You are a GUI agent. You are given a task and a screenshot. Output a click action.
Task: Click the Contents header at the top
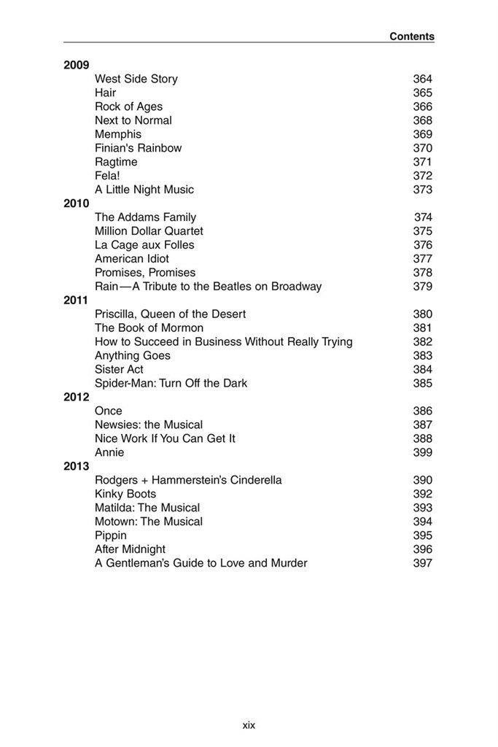411,36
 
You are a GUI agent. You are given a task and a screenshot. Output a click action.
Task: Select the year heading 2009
76,65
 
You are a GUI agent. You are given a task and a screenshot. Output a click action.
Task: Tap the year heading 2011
76,300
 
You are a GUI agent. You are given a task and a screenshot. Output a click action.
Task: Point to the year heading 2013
76,466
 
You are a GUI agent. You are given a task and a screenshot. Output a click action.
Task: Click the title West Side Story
136,79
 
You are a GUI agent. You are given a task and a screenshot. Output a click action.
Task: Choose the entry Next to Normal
133,120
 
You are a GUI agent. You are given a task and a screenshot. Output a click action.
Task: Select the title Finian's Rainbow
138,148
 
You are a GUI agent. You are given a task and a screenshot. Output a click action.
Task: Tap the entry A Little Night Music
144,190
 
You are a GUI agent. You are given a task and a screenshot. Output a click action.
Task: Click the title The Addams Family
145,217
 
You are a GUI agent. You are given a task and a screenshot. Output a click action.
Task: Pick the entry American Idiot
132,259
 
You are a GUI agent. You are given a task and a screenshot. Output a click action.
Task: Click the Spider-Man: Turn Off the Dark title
171,383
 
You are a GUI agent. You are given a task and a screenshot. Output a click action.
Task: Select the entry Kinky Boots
125,494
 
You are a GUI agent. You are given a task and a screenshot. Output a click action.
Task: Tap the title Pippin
111,535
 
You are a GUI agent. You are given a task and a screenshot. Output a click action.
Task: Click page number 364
422,79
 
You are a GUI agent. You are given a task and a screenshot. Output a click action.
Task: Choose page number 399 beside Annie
422,452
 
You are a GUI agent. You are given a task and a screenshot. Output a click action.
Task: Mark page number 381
422,328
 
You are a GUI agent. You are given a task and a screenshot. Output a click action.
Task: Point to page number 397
422,563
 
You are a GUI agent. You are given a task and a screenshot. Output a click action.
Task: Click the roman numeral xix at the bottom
249,724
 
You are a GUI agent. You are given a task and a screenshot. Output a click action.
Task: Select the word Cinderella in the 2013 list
255,480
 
